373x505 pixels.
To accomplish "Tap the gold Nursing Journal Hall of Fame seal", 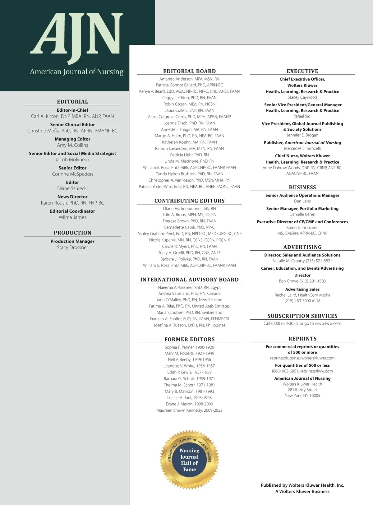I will point(190,460).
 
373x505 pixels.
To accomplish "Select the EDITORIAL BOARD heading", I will point(189,71).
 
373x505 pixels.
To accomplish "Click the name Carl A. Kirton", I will point(72,116).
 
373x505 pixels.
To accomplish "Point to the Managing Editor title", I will point(72,139).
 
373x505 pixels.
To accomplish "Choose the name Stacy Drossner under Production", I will point(72,248).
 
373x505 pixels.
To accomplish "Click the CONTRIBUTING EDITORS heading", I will point(189,201).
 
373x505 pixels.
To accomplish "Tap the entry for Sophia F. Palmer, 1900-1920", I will point(189,347).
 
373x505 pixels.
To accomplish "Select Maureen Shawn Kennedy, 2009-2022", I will point(189,410).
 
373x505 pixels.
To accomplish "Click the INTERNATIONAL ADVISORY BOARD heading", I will point(189,280).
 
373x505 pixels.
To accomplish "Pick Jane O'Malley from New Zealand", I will point(189,300).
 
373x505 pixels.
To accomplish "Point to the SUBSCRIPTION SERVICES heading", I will point(302,316).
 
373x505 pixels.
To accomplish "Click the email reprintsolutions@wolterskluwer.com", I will point(302,358).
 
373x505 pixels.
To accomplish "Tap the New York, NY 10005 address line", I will point(302,396).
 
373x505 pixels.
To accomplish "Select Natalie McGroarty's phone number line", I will point(302,261).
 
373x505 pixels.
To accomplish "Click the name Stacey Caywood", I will point(302,97).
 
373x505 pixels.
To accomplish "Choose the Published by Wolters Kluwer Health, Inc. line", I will point(302,485).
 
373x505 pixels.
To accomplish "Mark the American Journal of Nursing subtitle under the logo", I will point(76,72).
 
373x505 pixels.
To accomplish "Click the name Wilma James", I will point(72,217).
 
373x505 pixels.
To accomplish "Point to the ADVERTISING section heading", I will point(302,247).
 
